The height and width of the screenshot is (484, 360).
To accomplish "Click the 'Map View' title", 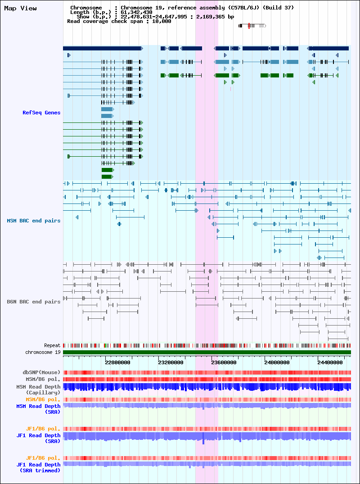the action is pyautogui.click(x=20, y=9).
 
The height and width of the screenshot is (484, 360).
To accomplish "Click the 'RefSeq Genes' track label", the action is pyautogui.click(x=41, y=113).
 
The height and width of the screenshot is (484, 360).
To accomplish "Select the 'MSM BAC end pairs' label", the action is pyautogui.click(x=34, y=221).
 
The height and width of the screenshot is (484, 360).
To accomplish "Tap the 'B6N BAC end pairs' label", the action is pyautogui.click(x=34, y=302).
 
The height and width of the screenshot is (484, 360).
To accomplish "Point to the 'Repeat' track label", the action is pyautogui.click(x=52, y=345).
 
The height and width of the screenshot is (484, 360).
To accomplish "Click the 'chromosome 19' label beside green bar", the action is pyautogui.click(x=43, y=352).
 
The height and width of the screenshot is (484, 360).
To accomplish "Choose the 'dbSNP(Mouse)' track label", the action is pyautogui.click(x=43, y=373).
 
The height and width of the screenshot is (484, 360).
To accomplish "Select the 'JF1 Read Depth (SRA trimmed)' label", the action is pyautogui.click(x=39, y=468).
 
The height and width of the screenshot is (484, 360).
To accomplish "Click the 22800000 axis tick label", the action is pyautogui.click(x=117, y=362).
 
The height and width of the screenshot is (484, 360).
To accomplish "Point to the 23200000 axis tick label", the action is pyautogui.click(x=171, y=362).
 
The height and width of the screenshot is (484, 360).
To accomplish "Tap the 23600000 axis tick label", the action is pyautogui.click(x=224, y=362).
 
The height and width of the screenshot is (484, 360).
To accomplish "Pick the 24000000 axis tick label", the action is pyautogui.click(x=277, y=362).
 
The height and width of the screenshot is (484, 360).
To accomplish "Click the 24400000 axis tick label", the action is pyautogui.click(x=330, y=362).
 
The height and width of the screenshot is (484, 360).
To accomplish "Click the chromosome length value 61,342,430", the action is pyautogui.click(x=136, y=12).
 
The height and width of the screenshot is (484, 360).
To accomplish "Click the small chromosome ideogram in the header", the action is pyautogui.click(x=252, y=26).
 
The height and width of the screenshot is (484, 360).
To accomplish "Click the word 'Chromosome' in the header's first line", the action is pyautogui.click(x=86, y=8).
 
